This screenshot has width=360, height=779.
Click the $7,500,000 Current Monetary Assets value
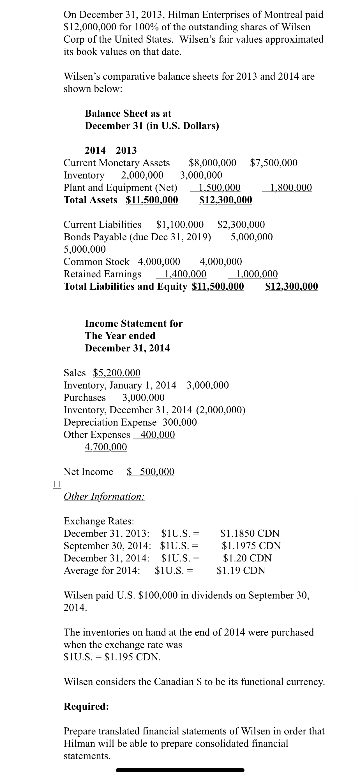tap(274, 163)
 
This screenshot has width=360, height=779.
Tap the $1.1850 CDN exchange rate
tap(250, 533)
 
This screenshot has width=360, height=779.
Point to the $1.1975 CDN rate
tap(251, 545)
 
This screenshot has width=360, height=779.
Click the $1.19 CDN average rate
tap(241, 570)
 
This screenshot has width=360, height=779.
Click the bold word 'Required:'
tap(86, 706)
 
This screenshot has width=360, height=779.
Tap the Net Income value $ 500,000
tap(150, 471)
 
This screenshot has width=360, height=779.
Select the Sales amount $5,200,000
tap(117, 373)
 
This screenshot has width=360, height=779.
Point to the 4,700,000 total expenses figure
tap(106, 447)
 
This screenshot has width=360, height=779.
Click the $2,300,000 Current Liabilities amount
tap(241, 224)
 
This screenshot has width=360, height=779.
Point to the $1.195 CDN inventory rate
tap(132, 657)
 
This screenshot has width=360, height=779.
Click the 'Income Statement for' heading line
tap(134, 323)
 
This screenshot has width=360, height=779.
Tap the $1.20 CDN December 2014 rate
tap(247, 558)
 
